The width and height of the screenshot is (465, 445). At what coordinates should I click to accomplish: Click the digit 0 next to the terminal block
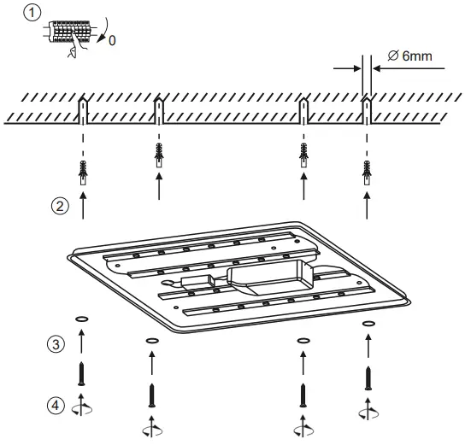click(114, 39)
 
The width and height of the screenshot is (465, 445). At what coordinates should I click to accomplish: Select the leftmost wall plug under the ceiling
click(82, 171)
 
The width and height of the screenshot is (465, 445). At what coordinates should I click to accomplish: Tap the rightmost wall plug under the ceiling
click(368, 171)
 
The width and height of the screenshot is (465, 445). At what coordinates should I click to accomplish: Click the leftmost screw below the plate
click(81, 371)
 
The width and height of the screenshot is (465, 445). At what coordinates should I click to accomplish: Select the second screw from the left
click(150, 394)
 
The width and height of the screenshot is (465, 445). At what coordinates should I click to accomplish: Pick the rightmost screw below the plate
click(368, 378)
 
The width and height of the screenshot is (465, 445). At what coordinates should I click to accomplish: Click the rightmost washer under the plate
click(368, 325)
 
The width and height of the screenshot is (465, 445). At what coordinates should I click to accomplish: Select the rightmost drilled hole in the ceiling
click(367, 107)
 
